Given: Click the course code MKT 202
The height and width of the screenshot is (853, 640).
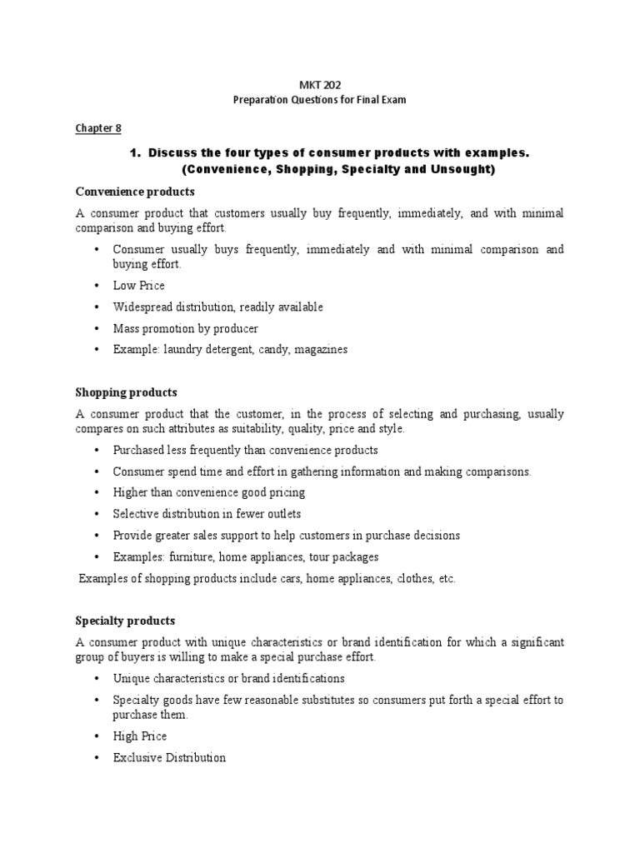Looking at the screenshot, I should pos(320,85).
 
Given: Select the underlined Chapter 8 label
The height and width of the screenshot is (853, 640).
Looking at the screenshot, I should pos(98,127).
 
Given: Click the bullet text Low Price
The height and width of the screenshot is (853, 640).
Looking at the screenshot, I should pos(140,285).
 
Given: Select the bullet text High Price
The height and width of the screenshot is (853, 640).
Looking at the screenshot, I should pos(140,736).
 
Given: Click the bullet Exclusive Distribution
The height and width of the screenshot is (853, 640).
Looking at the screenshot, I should pos(169,758).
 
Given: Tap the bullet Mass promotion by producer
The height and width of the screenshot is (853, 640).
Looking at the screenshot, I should pos(186,328).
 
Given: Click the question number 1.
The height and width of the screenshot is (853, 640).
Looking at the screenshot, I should pos(132,154).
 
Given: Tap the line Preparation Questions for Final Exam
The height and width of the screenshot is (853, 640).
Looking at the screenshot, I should pos(320,101).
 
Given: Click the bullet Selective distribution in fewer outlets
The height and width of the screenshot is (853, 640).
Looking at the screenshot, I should pos(207,513).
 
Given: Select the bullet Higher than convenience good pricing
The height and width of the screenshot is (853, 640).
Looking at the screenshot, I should pos(209,492).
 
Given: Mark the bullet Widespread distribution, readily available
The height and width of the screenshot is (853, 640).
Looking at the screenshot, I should pos(218,307).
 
